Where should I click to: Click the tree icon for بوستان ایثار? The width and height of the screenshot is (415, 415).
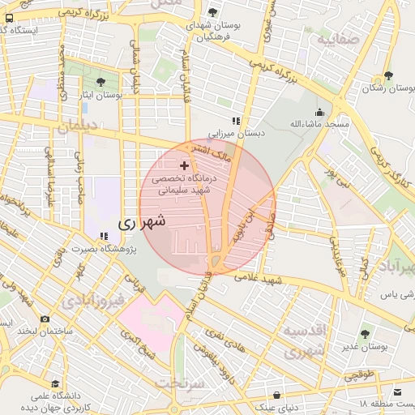point(101,82)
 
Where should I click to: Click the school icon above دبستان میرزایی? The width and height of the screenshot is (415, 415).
point(236,121)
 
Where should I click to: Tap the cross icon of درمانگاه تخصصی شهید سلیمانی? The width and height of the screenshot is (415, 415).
point(184,165)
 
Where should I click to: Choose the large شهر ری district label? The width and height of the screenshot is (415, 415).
point(142,221)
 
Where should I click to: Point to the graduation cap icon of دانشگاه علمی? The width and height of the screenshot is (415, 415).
point(55,384)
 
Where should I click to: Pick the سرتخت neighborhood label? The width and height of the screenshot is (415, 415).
point(179,380)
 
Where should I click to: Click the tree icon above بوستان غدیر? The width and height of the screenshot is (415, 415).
point(365,333)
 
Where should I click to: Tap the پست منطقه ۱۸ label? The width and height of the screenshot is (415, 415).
point(385,403)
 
